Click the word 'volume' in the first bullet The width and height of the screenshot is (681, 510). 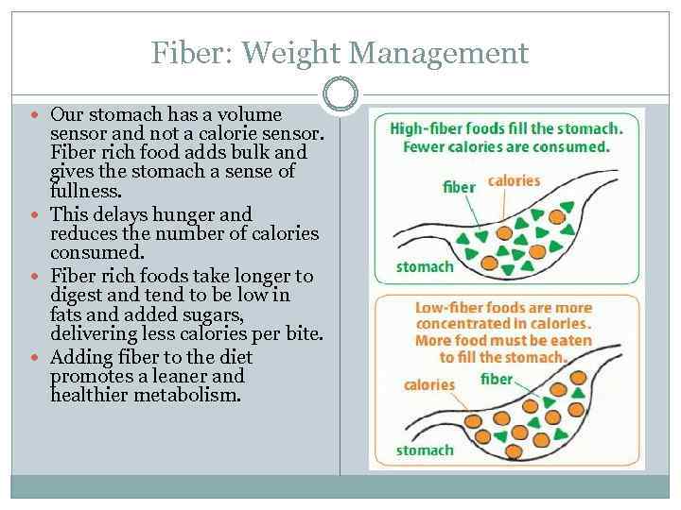(x=250, y=114)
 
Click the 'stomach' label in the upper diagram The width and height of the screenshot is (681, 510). (x=425, y=266)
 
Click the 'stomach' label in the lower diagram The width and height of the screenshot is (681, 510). (x=425, y=450)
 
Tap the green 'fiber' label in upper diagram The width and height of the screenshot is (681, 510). (x=459, y=187)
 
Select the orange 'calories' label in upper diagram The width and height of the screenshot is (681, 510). (x=514, y=180)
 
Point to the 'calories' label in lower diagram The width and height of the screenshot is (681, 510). (x=428, y=384)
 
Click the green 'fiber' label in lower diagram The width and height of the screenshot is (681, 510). (x=497, y=379)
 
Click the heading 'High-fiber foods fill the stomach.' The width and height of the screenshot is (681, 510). (x=506, y=128)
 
